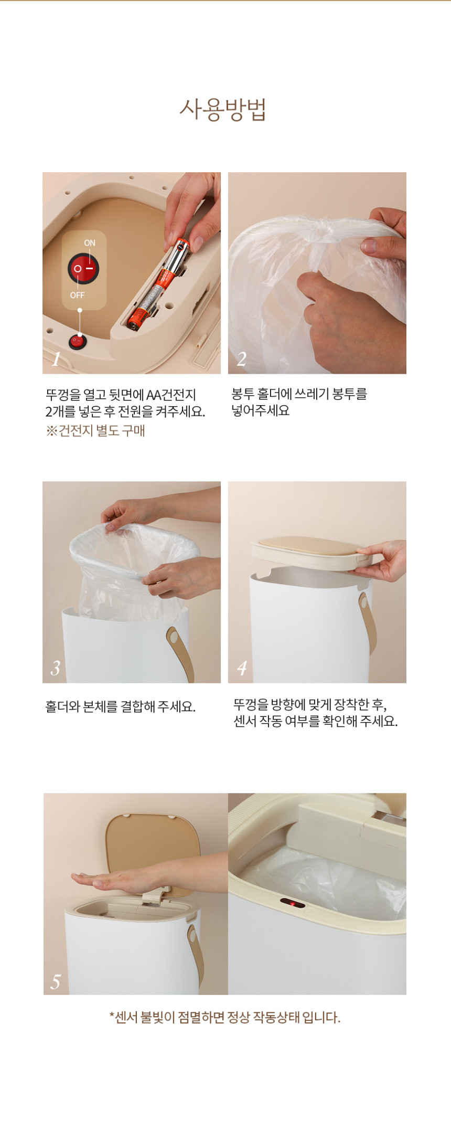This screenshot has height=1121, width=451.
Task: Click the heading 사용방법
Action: pyautogui.click(x=223, y=110)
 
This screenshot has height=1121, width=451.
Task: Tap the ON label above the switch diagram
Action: pyautogui.click(x=90, y=243)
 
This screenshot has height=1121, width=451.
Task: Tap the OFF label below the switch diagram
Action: pyautogui.click(x=77, y=295)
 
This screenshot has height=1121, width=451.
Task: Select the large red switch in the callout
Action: pyautogui.click(x=83, y=269)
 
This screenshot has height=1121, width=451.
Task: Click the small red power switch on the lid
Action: pyautogui.click(x=78, y=342)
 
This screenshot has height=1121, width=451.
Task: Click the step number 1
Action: pyautogui.click(x=56, y=359)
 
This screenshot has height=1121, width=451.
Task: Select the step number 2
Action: pyautogui.click(x=241, y=359)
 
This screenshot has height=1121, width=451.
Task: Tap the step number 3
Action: pyautogui.click(x=56, y=668)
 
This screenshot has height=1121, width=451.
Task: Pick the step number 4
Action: pyautogui.click(x=241, y=668)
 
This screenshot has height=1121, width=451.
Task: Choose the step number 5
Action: pyautogui.click(x=56, y=981)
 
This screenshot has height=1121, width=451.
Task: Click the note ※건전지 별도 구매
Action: pyautogui.click(x=95, y=431)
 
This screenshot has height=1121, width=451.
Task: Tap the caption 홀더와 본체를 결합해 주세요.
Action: pyautogui.click(x=121, y=706)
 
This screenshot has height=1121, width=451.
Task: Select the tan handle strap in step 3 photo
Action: pyautogui.click(x=180, y=653)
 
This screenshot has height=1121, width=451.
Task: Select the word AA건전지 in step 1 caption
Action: pyautogui.click(x=171, y=395)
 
